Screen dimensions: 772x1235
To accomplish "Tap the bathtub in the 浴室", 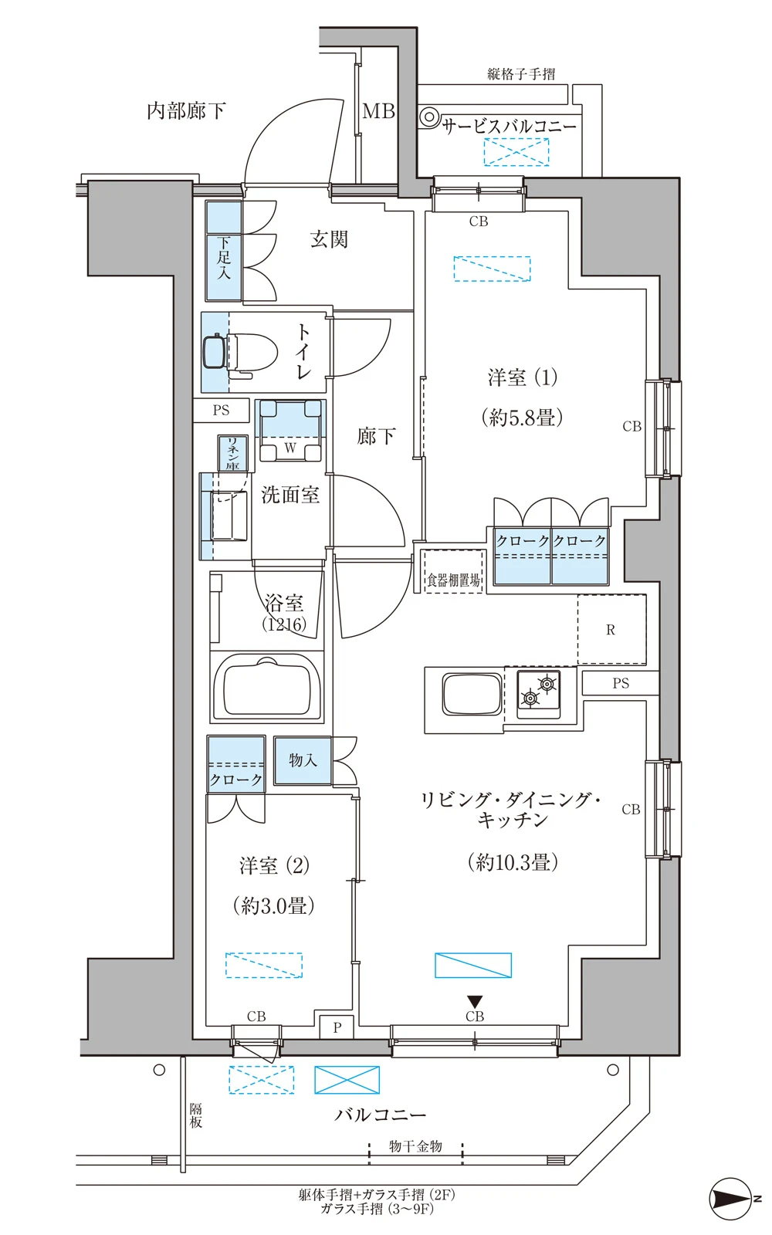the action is [x=267, y=686].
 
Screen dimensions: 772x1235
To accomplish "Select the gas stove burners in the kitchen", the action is [x=539, y=692].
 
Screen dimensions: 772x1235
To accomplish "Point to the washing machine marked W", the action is [x=290, y=431].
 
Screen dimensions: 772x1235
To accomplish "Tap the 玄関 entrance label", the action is [x=329, y=239].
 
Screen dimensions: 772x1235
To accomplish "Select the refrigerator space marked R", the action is [x=611, y=630].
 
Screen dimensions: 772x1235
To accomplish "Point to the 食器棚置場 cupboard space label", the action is [x=454, y=580].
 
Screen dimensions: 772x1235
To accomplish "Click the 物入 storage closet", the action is [x=303, y=760].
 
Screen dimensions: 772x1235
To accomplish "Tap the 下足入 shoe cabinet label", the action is [x=223, y=258].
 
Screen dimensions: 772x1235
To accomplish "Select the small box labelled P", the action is [x=337, y=1027].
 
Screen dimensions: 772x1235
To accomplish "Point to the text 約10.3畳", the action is [x=513, y=861].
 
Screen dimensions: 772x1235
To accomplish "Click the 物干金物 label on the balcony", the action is [x=415, y=1146].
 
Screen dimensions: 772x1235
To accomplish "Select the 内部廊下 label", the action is [x=186, y=111].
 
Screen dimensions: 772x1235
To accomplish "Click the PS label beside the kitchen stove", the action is [x=621, y=683].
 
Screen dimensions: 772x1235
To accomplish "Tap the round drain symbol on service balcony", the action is [x=428, y=117].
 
